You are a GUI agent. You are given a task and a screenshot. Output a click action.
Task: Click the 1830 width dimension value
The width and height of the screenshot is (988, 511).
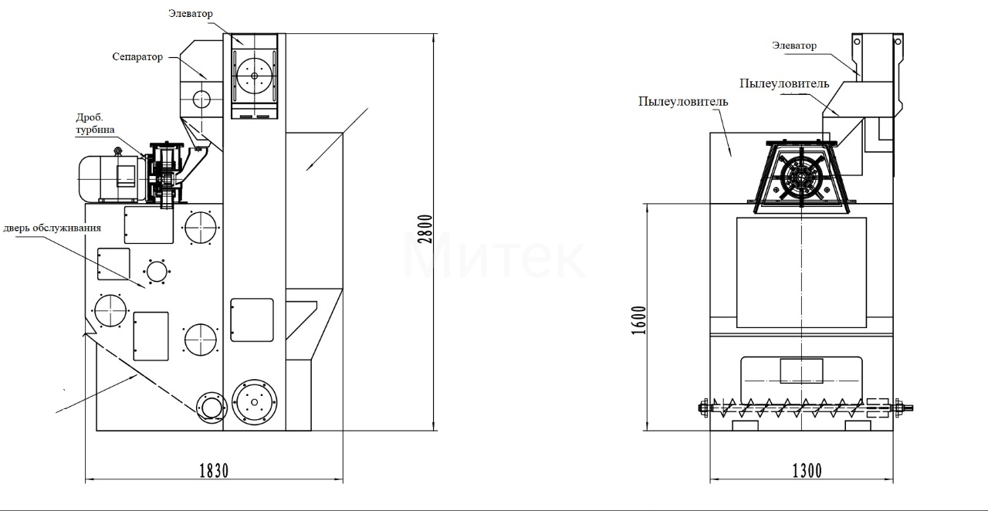pos(214,471)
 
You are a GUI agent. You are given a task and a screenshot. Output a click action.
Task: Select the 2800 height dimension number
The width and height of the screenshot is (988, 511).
pos(425,229)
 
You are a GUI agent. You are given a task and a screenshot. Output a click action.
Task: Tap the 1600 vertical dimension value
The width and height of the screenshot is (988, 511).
pos(638,320)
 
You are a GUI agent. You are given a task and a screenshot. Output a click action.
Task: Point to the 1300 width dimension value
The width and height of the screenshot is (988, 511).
pos(807,471)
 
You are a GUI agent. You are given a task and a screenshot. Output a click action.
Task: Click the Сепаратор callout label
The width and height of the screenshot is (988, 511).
pos(137,57)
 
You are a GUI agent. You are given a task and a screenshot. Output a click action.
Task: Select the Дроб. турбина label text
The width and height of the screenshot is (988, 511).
pos(95,123)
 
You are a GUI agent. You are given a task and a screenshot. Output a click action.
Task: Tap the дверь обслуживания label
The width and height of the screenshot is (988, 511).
pos(52,228)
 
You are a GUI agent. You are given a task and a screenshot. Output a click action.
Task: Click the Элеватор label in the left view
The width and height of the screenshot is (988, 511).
pos(191,14)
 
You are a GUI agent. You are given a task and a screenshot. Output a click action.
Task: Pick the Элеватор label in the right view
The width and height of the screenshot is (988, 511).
pos(794,46)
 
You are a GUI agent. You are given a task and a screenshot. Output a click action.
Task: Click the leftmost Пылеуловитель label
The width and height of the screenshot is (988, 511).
pos(683,101)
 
